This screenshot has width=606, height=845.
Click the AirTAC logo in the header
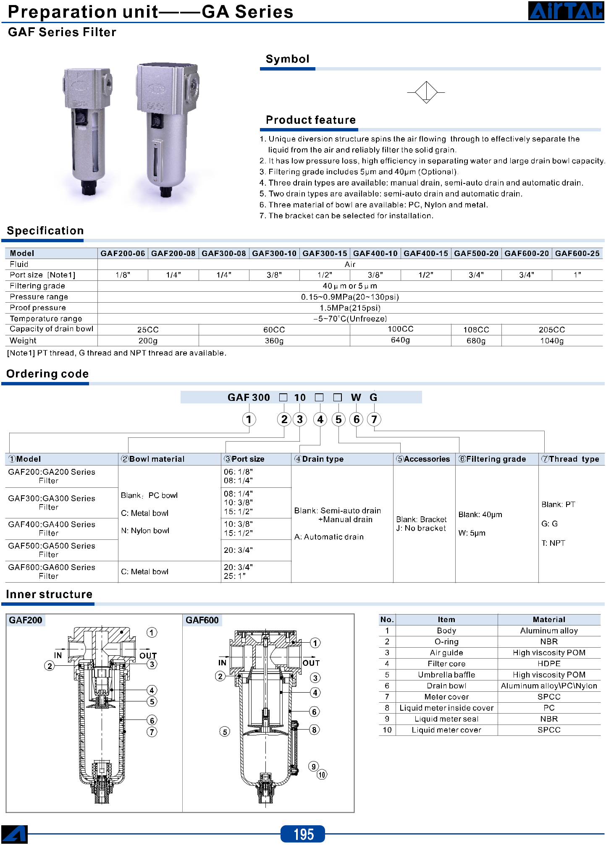[566, 10]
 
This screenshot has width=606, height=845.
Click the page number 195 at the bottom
[303, 834]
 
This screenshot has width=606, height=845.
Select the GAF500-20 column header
[476, 253]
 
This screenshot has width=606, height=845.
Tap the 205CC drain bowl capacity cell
[552, 330]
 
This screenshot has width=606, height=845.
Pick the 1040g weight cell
[552, 340]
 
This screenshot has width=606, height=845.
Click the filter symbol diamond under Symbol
[426, 92]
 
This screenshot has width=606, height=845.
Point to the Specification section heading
[45, 230]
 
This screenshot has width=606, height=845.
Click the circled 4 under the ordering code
[320, 419]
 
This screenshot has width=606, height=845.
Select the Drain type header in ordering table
[319, 459]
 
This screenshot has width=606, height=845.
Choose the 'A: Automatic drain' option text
[329, 537]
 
